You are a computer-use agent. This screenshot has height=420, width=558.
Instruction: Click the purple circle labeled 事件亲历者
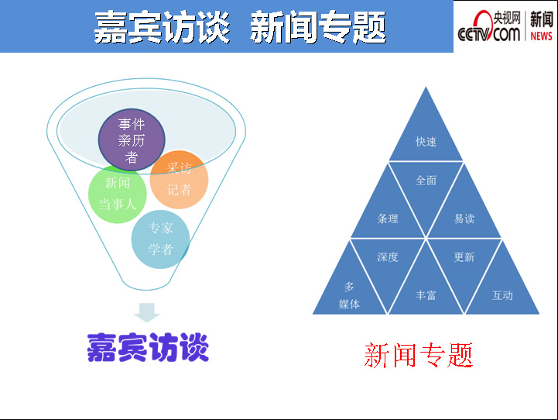[x=132, y=139]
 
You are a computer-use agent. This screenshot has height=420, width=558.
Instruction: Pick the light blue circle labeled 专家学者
[x=160, y=239]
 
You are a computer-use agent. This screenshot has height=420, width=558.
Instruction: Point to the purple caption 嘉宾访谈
[x=148, y=347]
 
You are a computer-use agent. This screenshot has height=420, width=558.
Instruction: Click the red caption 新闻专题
[x=419, y=355]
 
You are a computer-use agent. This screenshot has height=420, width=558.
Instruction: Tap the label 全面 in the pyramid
[x=426, y=181]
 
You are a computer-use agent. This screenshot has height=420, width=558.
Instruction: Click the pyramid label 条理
[x=388, y=219]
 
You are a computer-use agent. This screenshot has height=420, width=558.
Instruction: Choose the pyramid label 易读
[x=464, y=219]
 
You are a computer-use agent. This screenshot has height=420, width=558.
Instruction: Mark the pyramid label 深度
[x=388, y=256]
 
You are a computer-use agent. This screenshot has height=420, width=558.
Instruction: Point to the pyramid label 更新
[x=464, y=256]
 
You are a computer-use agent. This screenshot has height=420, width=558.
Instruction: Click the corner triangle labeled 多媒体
[x=349, y=291]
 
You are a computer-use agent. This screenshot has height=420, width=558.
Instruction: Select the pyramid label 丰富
[x=426, y=295]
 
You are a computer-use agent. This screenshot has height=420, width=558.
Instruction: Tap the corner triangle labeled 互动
[x=502, y=291]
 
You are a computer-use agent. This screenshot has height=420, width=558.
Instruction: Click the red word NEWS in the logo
[x=541, y=36]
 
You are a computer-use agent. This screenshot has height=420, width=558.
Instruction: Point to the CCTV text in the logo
[x=474, y=35]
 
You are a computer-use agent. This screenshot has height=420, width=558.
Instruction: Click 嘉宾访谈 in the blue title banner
[x=162, y=26]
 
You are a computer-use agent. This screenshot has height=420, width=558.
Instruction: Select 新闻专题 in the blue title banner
[x=319, y=26]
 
